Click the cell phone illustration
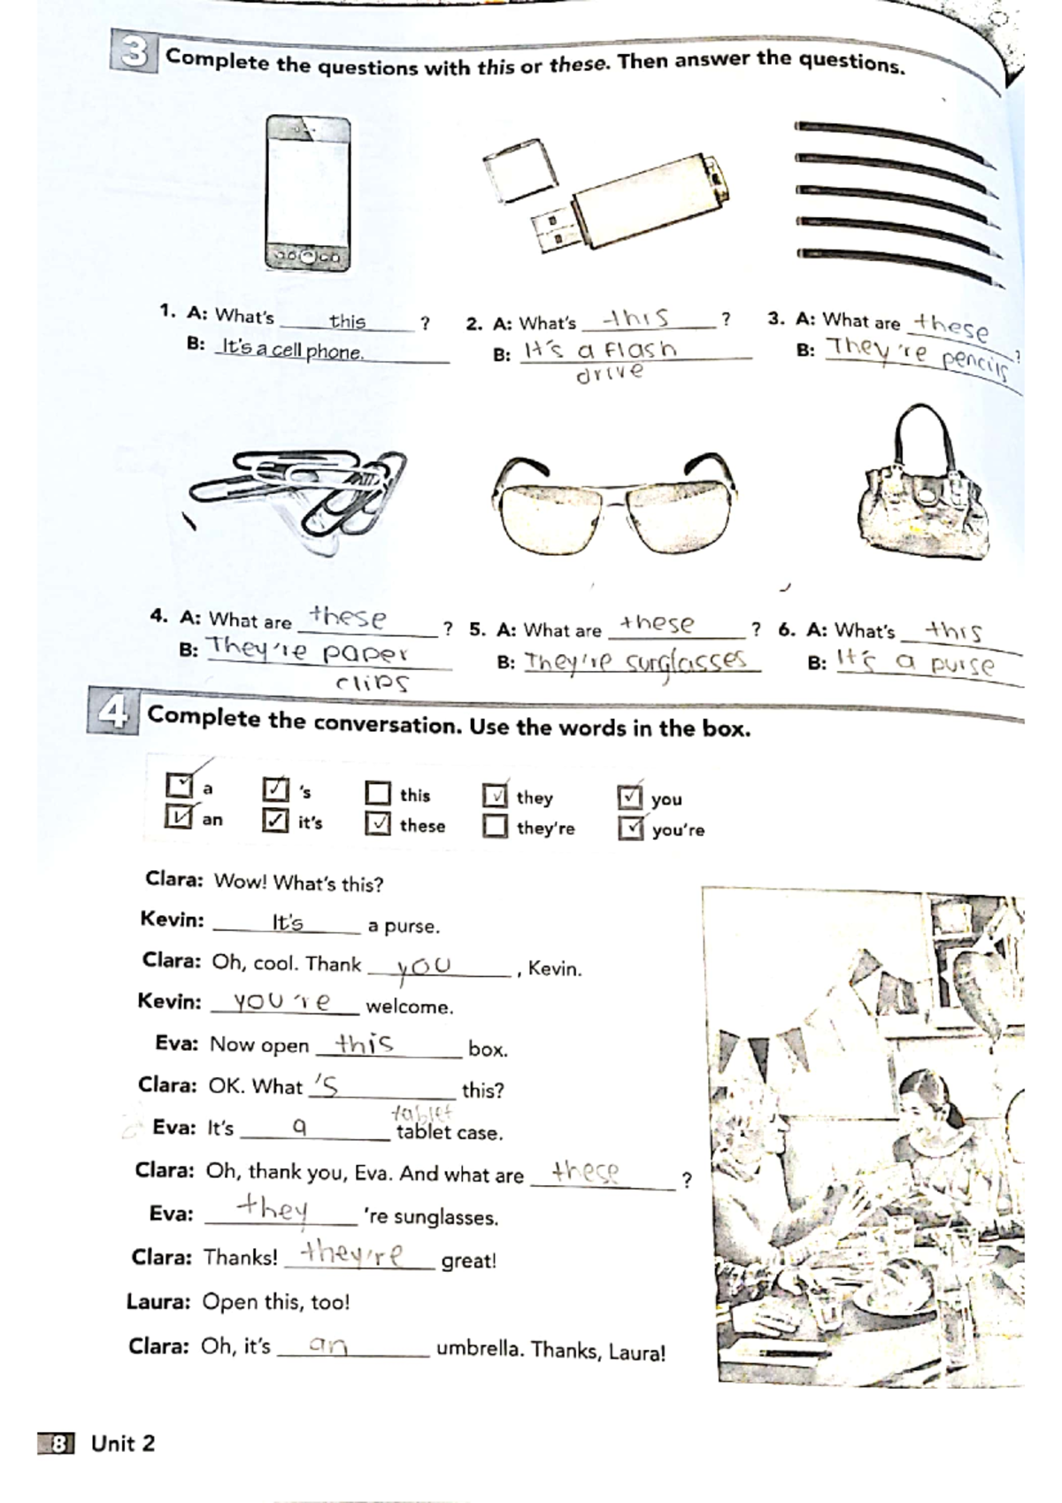[308, 194]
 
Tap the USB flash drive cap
[521, 172]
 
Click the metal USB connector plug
[553, 228]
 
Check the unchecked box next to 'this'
[378, 793]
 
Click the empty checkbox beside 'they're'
[496, 827]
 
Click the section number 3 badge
[133, 53]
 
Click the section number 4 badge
[112, 713]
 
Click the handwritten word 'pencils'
[974, 365]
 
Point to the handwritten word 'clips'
[372, 683]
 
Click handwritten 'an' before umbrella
[327, 1346]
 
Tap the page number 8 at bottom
[58, 1444]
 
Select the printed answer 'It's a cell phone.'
[292, 350]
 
